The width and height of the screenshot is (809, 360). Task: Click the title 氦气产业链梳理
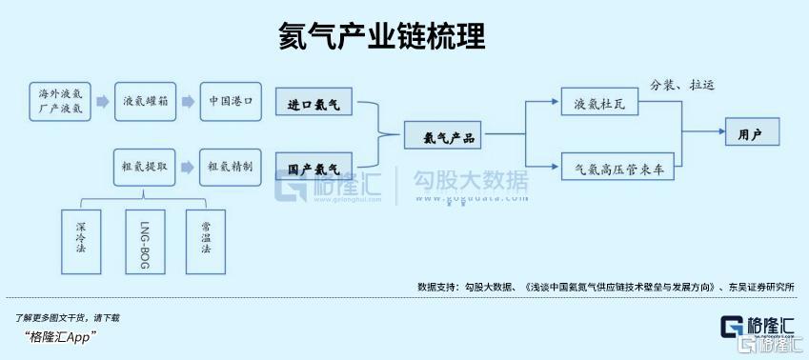[x=381, y=36]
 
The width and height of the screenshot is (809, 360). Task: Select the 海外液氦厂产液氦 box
[x=60, y=102]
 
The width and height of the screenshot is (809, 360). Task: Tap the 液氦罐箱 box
[x=145, y=102]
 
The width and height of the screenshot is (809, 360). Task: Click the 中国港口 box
[x=231, y=102]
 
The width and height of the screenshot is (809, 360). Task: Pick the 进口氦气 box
[x=313, y=102]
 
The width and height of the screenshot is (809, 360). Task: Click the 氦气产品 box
[x=443, y=135]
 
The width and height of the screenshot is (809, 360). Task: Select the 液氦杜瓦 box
[x=599, y=101]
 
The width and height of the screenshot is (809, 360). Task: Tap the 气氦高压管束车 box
[x=617, y=166]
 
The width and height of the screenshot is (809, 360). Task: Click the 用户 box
[x=752, y=131]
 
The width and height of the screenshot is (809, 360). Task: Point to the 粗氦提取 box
[x=145, y=167]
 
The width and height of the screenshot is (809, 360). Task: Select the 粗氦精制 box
[x=231, y=167]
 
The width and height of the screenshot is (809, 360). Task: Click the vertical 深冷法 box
[x=81, y=241]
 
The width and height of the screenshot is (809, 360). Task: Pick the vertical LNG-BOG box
[x=145, y=241]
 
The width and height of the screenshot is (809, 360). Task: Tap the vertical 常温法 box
[x=205, y=241]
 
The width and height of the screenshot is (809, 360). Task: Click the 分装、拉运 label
[x=682, y=85]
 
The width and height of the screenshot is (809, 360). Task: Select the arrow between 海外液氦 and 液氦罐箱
[x=103, y=102]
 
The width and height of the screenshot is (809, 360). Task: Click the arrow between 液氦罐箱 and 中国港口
[x=189, y=102]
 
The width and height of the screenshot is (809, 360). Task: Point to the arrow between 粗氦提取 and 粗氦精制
[x=188, y=167]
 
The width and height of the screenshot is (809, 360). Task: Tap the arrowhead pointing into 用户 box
[x=721, y=131]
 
